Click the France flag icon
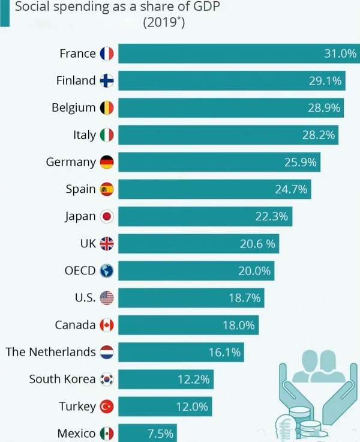pyautogui.click(x=107, y=53)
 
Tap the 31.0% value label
pyautogui.click(x=340, y=53)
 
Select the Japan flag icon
pyautogui.click(x=107, y=216)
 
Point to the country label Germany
pyautogui.click(x=71, y=162)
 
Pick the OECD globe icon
pyautogui.click(x=107, y=271)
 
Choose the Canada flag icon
pyautogui.click(x=107, y=325)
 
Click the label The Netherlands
pyautogui.click(x=50, y=352)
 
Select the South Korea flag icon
pyautogui.click(x=107, y=379)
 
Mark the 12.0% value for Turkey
pyautogui.click(x=192, y=407)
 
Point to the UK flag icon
pyautogui.click(x=107, y=243)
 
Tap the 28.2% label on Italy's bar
pyautogui.click(x=318, y=135)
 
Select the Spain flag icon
pyautogui.click(x=107, y=189)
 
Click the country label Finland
pyautogui.click(x=76, y=80)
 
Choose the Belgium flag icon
pyautogui.click(x=107, y=108)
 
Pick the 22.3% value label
pyautogui.click(x=271, y=216)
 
